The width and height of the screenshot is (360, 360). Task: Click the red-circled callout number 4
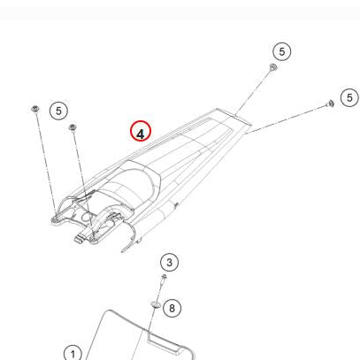141,131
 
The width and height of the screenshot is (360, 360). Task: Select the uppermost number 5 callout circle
282,51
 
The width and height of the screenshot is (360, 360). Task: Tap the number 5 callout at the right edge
349,97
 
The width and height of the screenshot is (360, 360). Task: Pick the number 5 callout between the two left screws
58,111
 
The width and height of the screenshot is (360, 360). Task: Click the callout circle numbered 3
169,263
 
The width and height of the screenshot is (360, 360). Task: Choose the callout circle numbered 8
172,308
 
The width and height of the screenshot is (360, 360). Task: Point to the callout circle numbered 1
73,353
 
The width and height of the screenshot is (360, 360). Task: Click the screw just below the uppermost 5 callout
273,67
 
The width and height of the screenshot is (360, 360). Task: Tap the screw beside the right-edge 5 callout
330,103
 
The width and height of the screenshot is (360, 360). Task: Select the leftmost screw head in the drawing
35,109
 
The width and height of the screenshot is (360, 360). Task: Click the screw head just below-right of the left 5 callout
73,127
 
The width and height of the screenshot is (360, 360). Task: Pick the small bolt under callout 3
164,280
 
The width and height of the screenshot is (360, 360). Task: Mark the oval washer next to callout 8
156,304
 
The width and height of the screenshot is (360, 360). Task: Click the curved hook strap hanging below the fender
132,234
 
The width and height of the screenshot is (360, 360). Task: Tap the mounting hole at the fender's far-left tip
55,219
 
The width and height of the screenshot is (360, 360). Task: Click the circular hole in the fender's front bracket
88,217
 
